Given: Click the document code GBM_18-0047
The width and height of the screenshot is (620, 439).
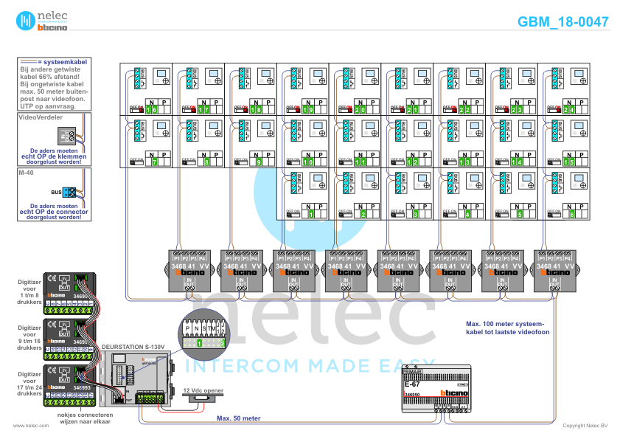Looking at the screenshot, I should [562, 21].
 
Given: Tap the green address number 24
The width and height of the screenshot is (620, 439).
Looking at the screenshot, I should [568, 110].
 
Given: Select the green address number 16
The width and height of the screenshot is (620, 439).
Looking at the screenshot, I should [151, 110].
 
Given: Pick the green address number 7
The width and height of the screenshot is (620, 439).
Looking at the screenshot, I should [154, 162].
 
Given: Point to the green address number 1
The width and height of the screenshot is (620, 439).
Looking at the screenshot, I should [311, 215].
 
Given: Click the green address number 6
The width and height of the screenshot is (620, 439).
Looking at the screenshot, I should [572, 215].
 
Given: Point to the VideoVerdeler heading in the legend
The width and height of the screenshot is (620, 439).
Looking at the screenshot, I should [40, 117].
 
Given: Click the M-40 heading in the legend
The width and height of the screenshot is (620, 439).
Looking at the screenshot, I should [27, 172].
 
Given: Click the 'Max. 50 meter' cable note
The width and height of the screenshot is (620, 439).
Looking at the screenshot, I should [238, 418].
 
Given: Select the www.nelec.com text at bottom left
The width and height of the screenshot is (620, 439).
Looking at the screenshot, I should [26, 426].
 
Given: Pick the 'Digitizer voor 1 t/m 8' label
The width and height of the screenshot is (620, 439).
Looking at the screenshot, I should [29, 290].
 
